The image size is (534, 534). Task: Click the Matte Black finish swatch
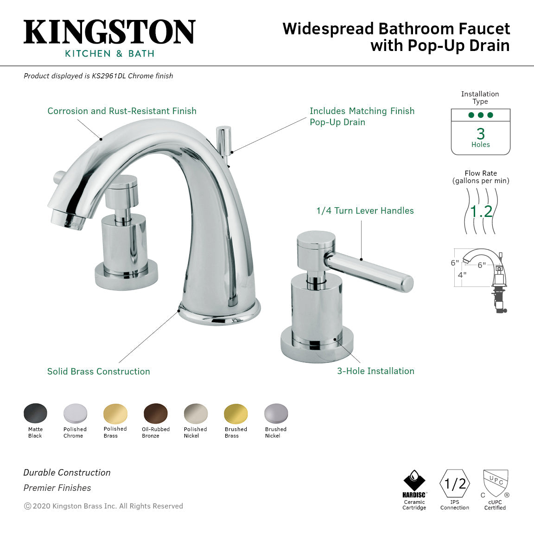[35, 413]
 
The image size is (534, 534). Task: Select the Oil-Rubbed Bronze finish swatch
[156, 413]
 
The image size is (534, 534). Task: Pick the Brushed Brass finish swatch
[236, 413]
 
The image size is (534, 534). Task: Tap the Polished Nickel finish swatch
[196, 413]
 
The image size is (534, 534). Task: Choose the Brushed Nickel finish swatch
[276, 413]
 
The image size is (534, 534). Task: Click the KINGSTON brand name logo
[109, 32]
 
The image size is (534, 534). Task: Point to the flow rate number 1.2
[481, 212]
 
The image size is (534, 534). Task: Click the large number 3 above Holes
[481, 133]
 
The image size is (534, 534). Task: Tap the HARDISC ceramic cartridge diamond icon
[414, 481]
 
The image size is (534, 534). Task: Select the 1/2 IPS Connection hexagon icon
[455, 483]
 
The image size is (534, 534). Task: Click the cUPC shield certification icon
[495, 483]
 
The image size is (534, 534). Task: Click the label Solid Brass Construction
[99, 371]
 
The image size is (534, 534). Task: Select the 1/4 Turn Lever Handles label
[365, 210]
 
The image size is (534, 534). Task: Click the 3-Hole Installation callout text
[375, 371]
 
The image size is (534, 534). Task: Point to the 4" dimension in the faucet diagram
[462, 274]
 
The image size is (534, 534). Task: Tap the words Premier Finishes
[57, 488]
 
